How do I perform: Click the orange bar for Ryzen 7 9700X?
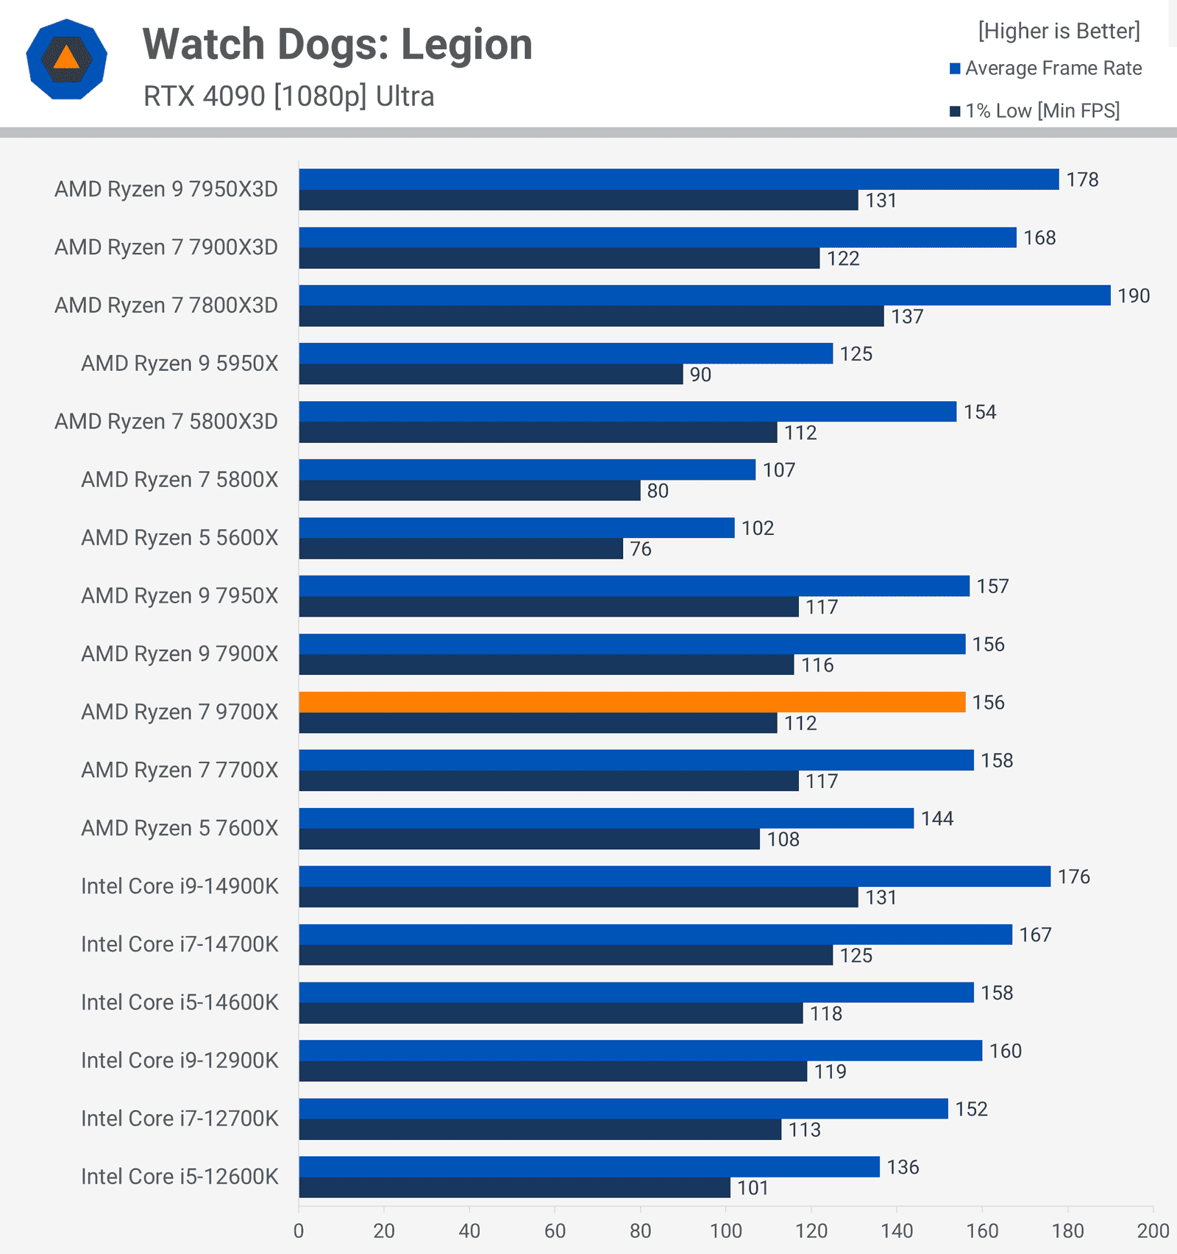pos(632,702)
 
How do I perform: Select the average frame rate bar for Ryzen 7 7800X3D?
pos(704,295)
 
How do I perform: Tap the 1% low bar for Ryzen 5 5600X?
pos(461,549)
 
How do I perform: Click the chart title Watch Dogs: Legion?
pos(337,44)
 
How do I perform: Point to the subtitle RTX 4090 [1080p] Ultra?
pos(288,96)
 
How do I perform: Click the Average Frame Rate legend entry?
pos(1045,68)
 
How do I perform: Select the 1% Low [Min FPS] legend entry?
pos(1034,111)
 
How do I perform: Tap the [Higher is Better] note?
pos(1059,31)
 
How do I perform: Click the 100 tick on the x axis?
pos(725,1231)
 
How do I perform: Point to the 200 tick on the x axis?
pos(1152,1231)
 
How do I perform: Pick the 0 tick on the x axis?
pos(299,1231)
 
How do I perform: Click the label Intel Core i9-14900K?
pos(179,886)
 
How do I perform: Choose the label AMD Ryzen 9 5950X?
pos(179,364)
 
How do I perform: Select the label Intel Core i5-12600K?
pos(179,1177)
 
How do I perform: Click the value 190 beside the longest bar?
pos(1133,296)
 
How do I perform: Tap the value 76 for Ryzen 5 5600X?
pos(640,549)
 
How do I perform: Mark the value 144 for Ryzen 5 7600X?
pos(936,818)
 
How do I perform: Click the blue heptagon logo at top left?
pos(66,59)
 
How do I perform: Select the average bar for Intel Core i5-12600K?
pos(588,1166)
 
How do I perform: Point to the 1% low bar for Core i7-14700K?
pos(565,955)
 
